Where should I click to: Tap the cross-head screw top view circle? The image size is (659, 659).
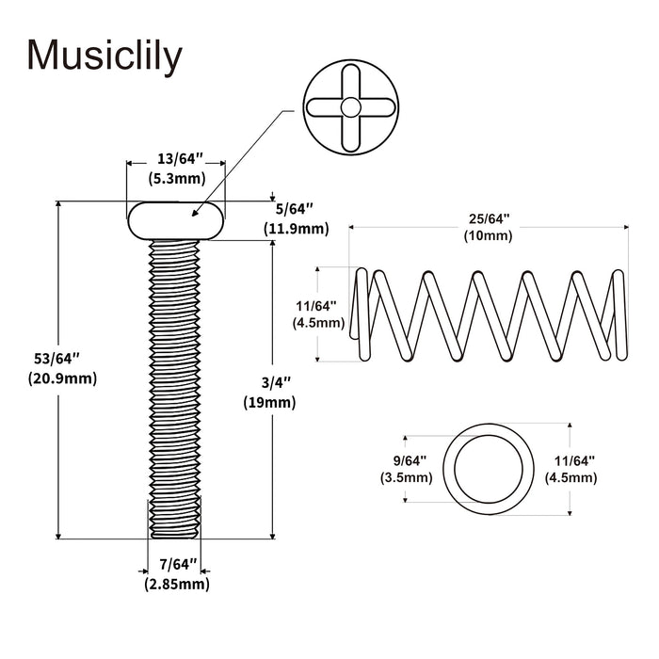(x=349, y=107)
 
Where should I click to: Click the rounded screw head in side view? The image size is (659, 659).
(x=177, y=220)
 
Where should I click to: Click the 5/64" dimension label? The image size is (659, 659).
(x=295, y=208)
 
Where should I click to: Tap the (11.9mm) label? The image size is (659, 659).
(x=295, y=228)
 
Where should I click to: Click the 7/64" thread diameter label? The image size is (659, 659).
(x=177, y=565)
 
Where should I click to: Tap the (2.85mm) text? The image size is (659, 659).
(x=177, y=585)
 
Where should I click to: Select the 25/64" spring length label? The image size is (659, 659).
(x=488, y=218)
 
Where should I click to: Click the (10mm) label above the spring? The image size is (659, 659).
(x=488, y=235)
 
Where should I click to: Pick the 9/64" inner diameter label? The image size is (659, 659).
(x=406, y=460)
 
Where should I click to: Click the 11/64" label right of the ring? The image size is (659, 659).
(x=571, y=460)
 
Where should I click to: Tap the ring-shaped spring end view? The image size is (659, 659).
(x=488, y=468)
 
